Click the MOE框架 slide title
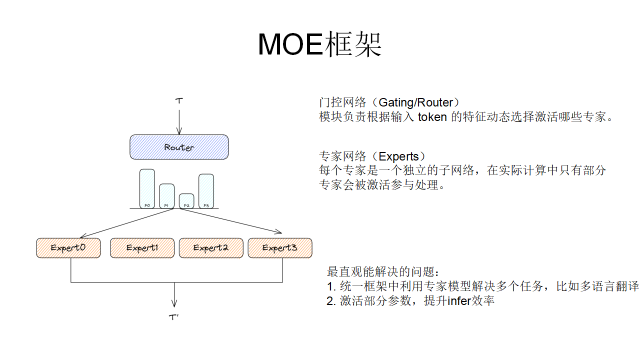(x=319, y=44)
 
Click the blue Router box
(x=179, y=147)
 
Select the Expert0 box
(x=68, y=248)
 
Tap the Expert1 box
(x=142, y=248)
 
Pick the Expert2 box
(x=211, y=248)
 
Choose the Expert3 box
(x=280, y=248)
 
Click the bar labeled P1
(x=166, y=195)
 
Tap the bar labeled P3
(x=206, y=190)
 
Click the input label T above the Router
(x=179, y=100)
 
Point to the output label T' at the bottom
(x=174, y=317)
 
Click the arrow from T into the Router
(x=179, y=120)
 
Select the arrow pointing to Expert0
(x=125, y=223)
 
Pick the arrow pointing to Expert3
(x=230, y=221)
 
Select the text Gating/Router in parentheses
(x=415, y=102)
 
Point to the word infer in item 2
(x=458, y=301)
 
